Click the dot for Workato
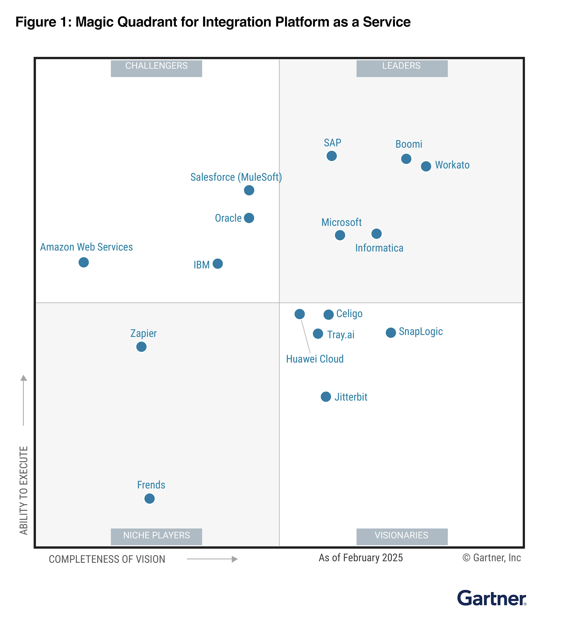pyautogui.click(x=426, y=166)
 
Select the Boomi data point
pyautogui.click(x=406, y=159)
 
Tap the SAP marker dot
pyautogui.click(x=332, y=156)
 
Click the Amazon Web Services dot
pyautogui.click(x=84, y=262)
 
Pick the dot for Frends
pyautogui.click(x=150, y=498)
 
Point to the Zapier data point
pyautogui.click(x=141, y=347)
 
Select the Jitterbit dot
pyautogui.click(x=326, y=397)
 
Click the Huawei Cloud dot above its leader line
pyautogui.click(x=300, y=314)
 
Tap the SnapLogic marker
pyautogui.click(x=391, y=333)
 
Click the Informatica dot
pyautogui.click(x=376, y=234)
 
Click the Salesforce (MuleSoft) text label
pyautogui.click(x=236, y=177)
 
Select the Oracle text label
pyautogui.click(x=228, y=218)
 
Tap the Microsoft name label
pyautogui.click(x=341, y=222)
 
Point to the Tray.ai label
pyautogui.click(x=341, y=335)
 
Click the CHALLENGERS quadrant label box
pyautogui.click(x=156, y=68)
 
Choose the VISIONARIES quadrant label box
pyautogui.click(x=402, y=537)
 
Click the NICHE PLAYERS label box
pyautogui.click(x=156, y=537)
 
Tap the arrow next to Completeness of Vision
pyautogui.click(x=212, y=559)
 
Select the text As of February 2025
pyautogui.click(x=360, y=558)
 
